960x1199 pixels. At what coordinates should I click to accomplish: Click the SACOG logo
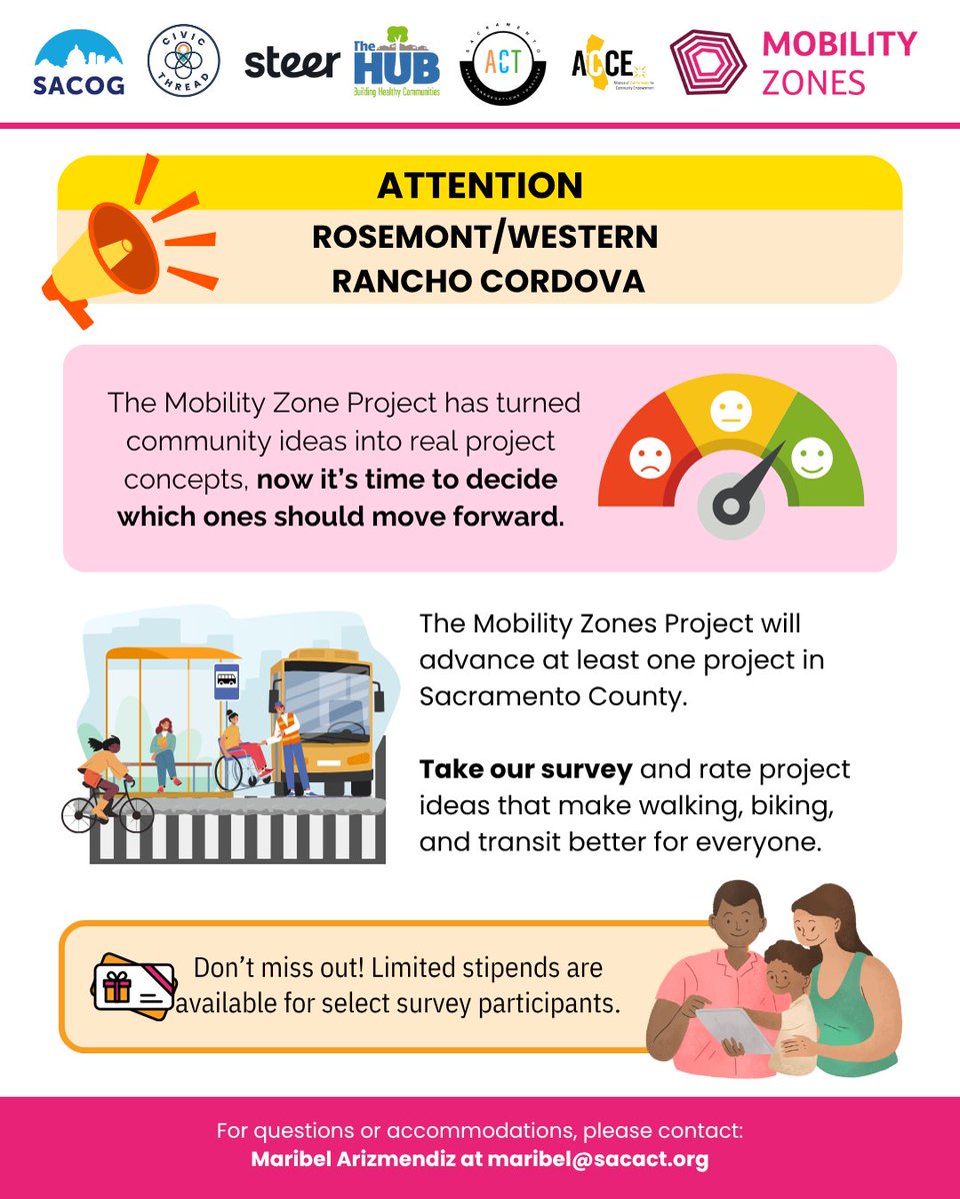[x=78, y=62]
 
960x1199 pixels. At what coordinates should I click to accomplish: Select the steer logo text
[x=292, y=63]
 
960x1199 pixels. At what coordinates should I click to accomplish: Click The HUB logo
[x=396, y=65]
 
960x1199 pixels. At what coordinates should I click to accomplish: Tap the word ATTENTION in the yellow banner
[x=479, y=186]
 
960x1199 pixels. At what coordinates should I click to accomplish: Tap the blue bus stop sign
[x=227, y=683]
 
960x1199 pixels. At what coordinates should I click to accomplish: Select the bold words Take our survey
[x=525, y=770]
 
